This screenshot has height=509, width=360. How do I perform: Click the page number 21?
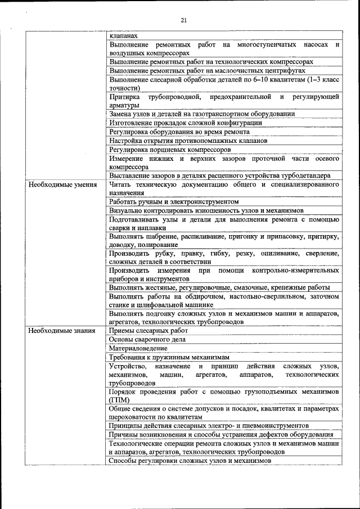click(183, 20)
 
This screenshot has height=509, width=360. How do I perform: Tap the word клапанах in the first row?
click(123, 35)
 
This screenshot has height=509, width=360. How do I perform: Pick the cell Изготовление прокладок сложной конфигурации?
click(186, 123)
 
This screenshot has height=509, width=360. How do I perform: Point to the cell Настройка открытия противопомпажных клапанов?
click(188, 141)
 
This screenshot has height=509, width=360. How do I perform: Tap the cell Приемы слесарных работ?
click(148, 331)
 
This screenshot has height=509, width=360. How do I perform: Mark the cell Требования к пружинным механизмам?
click(169, 357)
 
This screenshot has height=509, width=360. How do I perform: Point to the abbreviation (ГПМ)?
click(119, 399)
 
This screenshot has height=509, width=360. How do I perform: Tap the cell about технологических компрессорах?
click(211, 61)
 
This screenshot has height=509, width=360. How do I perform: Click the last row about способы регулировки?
click(190, 460)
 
